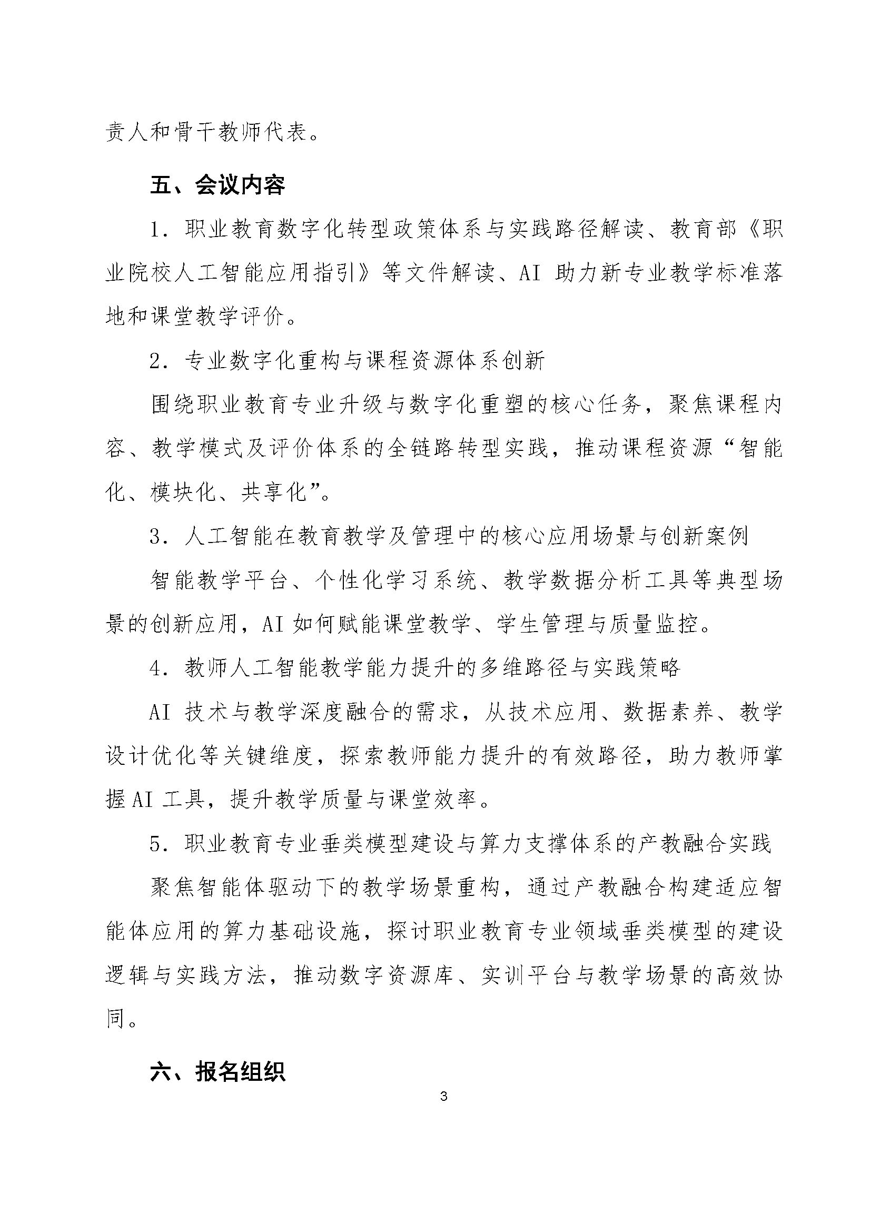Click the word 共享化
(274, 492)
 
